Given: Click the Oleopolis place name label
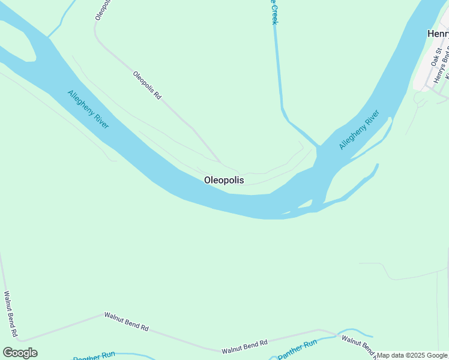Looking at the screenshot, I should tap(224, 180).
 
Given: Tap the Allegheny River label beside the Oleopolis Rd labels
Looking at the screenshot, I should tap(88, 109).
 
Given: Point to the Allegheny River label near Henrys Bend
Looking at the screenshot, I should tap(359, 130).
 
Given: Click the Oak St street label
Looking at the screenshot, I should tap(436, 56).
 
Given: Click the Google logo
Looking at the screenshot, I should tap(20, 353).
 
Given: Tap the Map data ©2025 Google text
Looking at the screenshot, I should tap(412, 355).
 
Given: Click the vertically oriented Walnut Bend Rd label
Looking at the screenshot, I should tap(10, 314).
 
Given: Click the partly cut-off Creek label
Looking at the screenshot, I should tap(274, 12).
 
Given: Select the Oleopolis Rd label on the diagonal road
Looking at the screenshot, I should tap(147, 85).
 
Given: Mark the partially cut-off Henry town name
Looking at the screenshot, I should tap(438, 34).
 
